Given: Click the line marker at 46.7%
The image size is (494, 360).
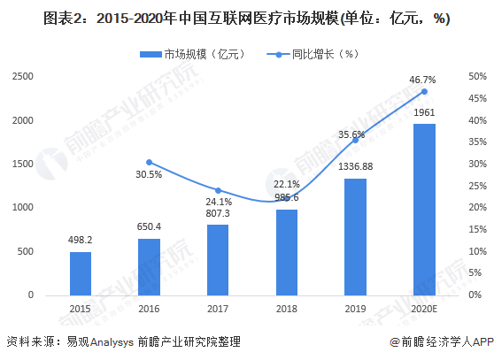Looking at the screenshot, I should [424, 91].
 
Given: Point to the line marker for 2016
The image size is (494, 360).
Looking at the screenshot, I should [149, 162].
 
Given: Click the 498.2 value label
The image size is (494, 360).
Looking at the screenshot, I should [81, 238].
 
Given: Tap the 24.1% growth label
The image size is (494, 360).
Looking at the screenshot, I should [218, 201].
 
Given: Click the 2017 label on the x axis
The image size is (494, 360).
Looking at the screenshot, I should [218, 307].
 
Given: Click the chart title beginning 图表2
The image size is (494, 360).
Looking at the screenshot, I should [246, 19].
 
